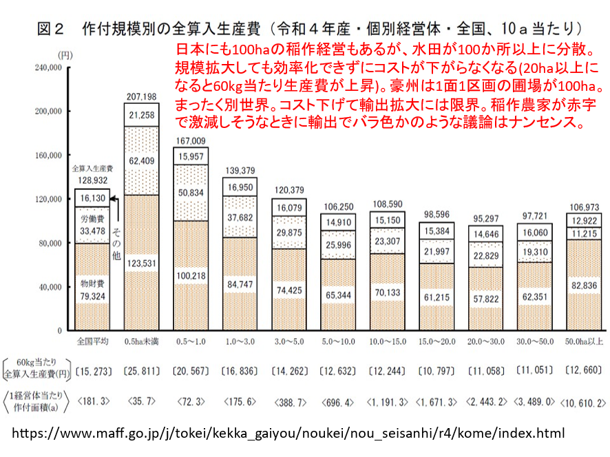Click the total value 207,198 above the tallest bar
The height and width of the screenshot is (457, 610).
141,96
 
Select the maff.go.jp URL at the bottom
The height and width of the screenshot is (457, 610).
288,434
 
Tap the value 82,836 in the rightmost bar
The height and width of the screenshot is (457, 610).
583,284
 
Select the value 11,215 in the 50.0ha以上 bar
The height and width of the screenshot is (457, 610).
583,233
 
